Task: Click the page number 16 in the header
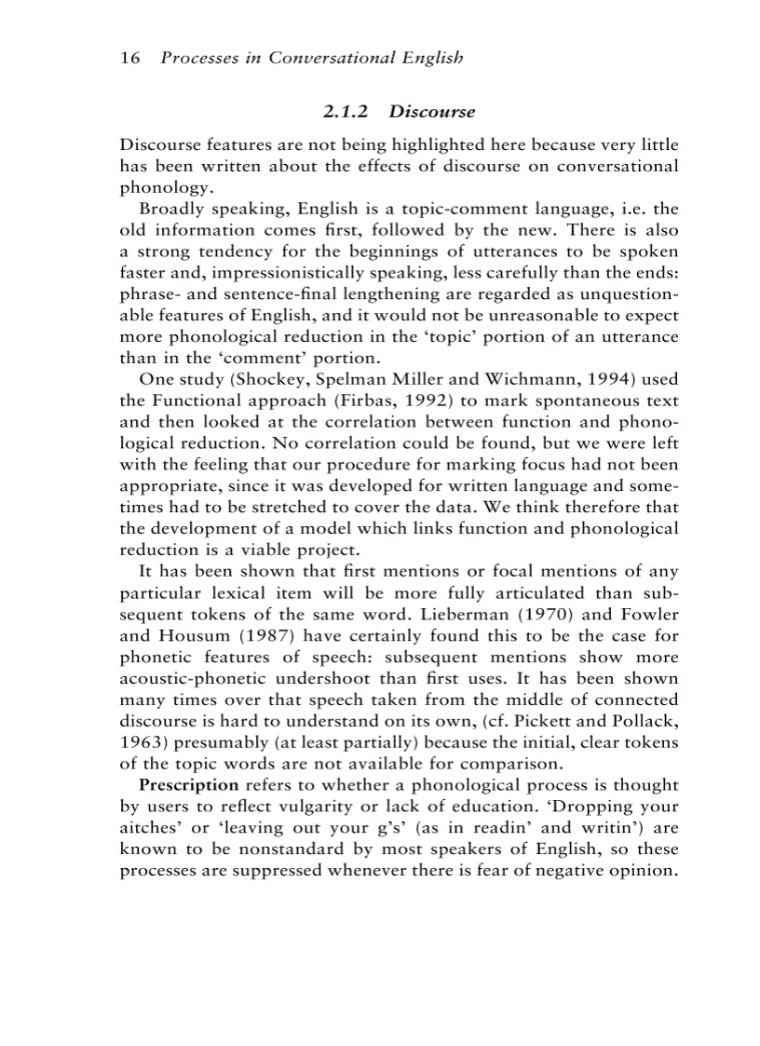pos(129,58)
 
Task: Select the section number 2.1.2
pos(346,112)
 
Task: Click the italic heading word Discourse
pos(432,112)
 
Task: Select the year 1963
pos(141,742)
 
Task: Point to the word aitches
pos(149,828)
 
